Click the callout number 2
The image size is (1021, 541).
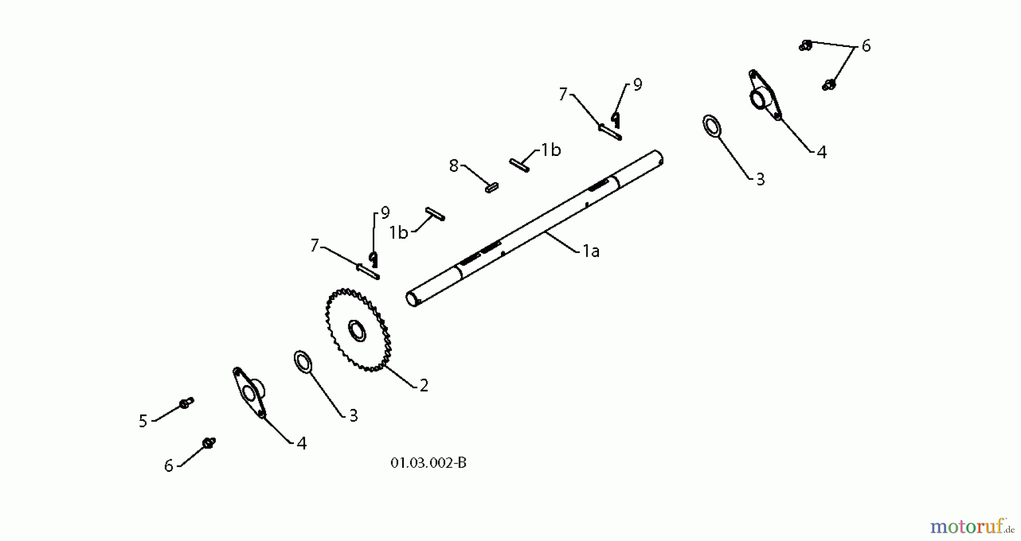click(424, 386)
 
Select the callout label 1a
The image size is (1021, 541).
click(591, 251)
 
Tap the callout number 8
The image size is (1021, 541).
click(453, 166)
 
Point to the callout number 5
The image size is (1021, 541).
click(143, 421)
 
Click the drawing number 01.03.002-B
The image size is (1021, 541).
click(428, 463)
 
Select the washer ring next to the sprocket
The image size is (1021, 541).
click(304, 362)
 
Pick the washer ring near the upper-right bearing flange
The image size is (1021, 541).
click(712, 126)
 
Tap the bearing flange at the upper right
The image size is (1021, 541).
click(763, 95)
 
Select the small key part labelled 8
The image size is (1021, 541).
click(492, 187)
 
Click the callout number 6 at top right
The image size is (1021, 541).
click(866, 46)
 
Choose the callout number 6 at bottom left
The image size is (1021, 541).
click(168, 466)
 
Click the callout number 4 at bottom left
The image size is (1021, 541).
click(302, 443)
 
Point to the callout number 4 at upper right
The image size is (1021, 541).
click(821, 152)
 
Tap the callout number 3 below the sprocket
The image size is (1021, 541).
click(353, 416)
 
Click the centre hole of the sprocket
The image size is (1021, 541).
click(357, 331)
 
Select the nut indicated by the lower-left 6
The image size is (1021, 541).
click(209, 443)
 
